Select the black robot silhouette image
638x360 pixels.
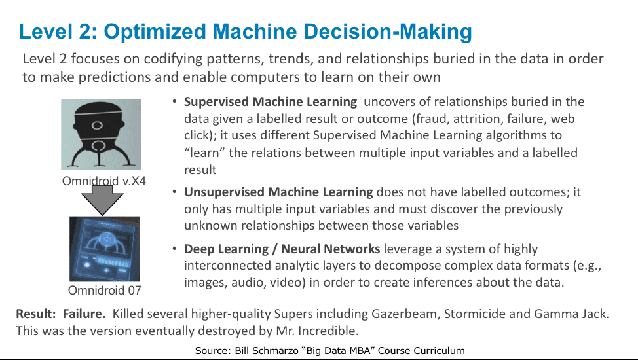(x=101, y=134)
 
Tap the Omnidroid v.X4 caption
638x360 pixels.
(x=103, y=181)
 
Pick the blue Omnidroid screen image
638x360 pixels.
(x=105, y=249)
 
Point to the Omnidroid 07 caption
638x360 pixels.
(x=105, y=290)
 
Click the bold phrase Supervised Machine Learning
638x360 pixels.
(x=270, y=101)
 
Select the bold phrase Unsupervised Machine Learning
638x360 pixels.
(x=278, y=192)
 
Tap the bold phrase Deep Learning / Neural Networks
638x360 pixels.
(x=282, y=249)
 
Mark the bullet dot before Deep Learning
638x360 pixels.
(x=174, y=248)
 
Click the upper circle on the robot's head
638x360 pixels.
(x=97, y=125)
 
